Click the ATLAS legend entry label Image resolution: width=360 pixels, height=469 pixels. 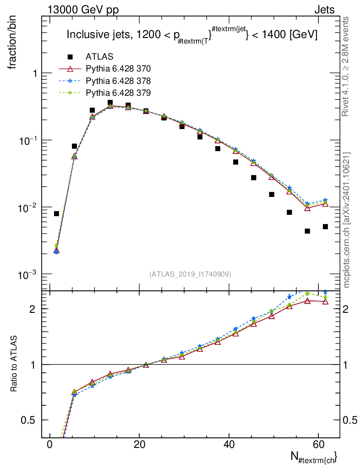[99, 57]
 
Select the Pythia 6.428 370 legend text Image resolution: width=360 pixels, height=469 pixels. [118, 69]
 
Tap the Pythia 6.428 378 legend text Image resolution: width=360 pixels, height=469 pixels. [118, 81]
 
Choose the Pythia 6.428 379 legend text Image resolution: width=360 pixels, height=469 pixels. [118, 93]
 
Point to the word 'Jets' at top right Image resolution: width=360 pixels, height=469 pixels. [324, 10]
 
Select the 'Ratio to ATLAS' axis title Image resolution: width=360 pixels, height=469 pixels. [15, 363]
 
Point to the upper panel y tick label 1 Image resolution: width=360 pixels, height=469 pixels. [35, 74]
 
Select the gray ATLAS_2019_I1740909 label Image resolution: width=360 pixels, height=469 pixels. [190, 274]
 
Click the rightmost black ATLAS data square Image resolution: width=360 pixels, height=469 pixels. [325, 227]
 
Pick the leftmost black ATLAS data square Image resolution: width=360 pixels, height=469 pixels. [56, 213]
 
